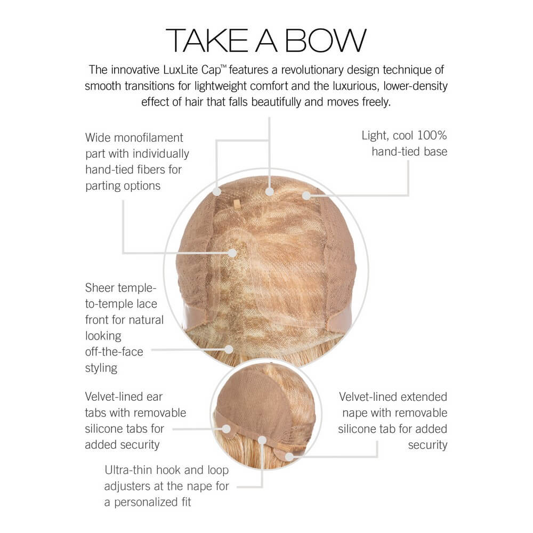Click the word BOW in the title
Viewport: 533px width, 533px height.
point(326,41)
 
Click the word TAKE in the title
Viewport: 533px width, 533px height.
point(207,41)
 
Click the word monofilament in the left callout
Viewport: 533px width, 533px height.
point(149,138)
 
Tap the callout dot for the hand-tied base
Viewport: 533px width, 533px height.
point(306,196)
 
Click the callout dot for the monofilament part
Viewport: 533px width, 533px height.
point(232,253)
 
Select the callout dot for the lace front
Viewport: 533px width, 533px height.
point(229,350)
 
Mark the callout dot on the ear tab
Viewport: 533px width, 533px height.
point(227,429)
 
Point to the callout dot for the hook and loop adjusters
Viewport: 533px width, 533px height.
point(262,441)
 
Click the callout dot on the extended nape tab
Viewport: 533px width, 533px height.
point(289,457)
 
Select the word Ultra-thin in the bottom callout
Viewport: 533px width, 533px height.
point(128,470)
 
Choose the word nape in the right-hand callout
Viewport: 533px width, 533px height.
point(355,414)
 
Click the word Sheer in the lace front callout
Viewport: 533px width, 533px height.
point(100,288)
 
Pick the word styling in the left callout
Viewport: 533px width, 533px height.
point(101,368)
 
